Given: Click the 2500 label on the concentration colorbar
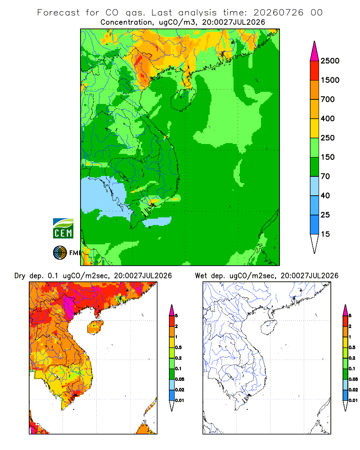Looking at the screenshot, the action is (x=330, y=61).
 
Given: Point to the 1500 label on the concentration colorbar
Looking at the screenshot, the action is (x=330, y=80).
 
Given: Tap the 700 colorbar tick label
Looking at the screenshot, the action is (x=328, y=99).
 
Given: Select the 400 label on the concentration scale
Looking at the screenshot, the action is (x=328, y=118).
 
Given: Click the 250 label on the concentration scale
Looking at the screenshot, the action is (x=328, y=138).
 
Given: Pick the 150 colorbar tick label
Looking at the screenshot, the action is (x=328, y=157).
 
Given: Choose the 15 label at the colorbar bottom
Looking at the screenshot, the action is (x=325, y=234).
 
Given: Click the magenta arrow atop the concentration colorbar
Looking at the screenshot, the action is (x=315, y=51).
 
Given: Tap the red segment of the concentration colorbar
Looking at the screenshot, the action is (x=315, y=71).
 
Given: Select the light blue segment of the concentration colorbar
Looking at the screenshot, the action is (x=315, y=186).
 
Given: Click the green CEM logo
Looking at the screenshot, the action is (x=63, y=229).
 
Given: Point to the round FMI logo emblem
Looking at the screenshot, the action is (x=60, y=253).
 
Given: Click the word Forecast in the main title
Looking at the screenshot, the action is (x=58, y=13).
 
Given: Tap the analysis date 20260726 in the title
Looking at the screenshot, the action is (x=278, y=13).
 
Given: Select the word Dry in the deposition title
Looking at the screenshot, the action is (x=20, y=276).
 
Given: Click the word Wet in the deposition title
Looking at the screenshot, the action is (x=201, y=276).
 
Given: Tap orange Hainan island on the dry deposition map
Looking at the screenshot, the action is (x=95, y=327).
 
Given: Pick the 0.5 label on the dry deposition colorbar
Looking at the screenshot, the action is (x=178, y=347).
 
